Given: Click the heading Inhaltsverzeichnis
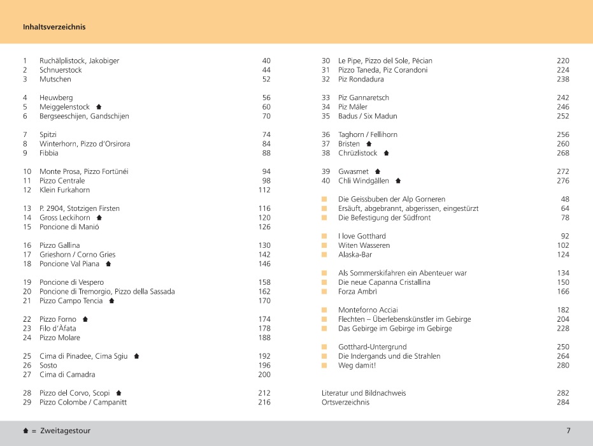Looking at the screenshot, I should (x=54, y=27).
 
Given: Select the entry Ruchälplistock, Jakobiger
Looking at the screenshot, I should (x=79, y=61).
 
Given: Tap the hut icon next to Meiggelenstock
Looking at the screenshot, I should (x=99, y=107).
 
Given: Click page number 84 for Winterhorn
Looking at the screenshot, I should (x=266, y=144).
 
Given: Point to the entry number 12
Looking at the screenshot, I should (x=27, y=190).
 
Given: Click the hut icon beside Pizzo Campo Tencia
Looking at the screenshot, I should (x=111, y=301).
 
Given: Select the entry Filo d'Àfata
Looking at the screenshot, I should (x=57, y=329).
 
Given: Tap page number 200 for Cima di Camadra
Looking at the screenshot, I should (x=264, y=375).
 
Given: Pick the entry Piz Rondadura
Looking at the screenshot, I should (x=361, y=79).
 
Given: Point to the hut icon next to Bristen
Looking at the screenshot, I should (x=368, y=144).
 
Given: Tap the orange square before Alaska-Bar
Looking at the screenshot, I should (x=324, y=255).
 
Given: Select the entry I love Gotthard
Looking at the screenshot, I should (x=363, y=236).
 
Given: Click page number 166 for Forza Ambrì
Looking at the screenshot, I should (x=562, y=292).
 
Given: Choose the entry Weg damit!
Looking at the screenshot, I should (x=357, y=366).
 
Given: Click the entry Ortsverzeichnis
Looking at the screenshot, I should (x=345, y=403).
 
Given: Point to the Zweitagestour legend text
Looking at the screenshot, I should (x=66, y=431).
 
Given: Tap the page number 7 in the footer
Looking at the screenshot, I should (x=568, y=431).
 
